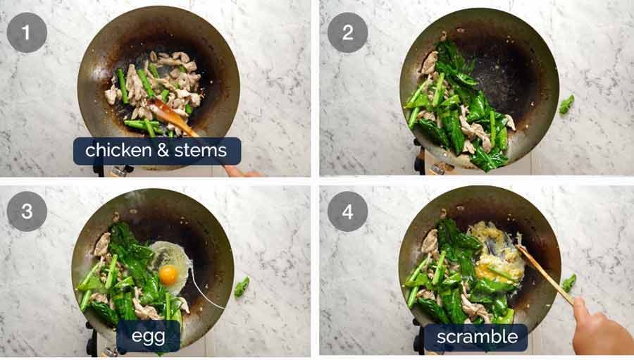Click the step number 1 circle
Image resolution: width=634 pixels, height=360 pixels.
click(x=27, y=32)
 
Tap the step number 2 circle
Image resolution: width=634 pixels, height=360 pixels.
click(x=347, y=32)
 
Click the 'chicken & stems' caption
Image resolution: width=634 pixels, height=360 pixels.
click(x=156, y=151)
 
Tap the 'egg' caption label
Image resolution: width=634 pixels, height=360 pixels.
click(x=148, y=336)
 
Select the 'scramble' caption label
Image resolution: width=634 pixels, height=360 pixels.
click(x=476, y=337)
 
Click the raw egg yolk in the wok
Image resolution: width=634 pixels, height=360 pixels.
click(x=168, y=274)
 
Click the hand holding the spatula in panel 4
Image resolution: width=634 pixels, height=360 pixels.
click(x=599, y=327)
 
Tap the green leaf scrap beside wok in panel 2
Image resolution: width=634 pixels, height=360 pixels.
click(x=566, y=104)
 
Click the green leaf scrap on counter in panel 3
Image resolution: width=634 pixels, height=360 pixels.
click(x=242, y=286)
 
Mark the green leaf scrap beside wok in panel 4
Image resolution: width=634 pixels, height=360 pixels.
click(x=568, y=283)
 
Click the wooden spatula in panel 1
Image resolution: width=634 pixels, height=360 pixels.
click(x=170, y=117)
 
